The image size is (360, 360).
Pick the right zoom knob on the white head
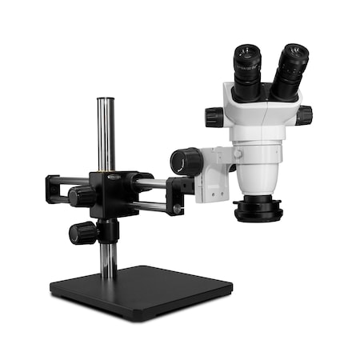coord(304,115)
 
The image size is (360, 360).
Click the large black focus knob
coord(186,162)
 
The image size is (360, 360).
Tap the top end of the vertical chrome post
coord(105,102)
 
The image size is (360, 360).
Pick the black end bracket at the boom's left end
coord(54,189)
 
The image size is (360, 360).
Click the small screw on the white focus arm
coord(237,153)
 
